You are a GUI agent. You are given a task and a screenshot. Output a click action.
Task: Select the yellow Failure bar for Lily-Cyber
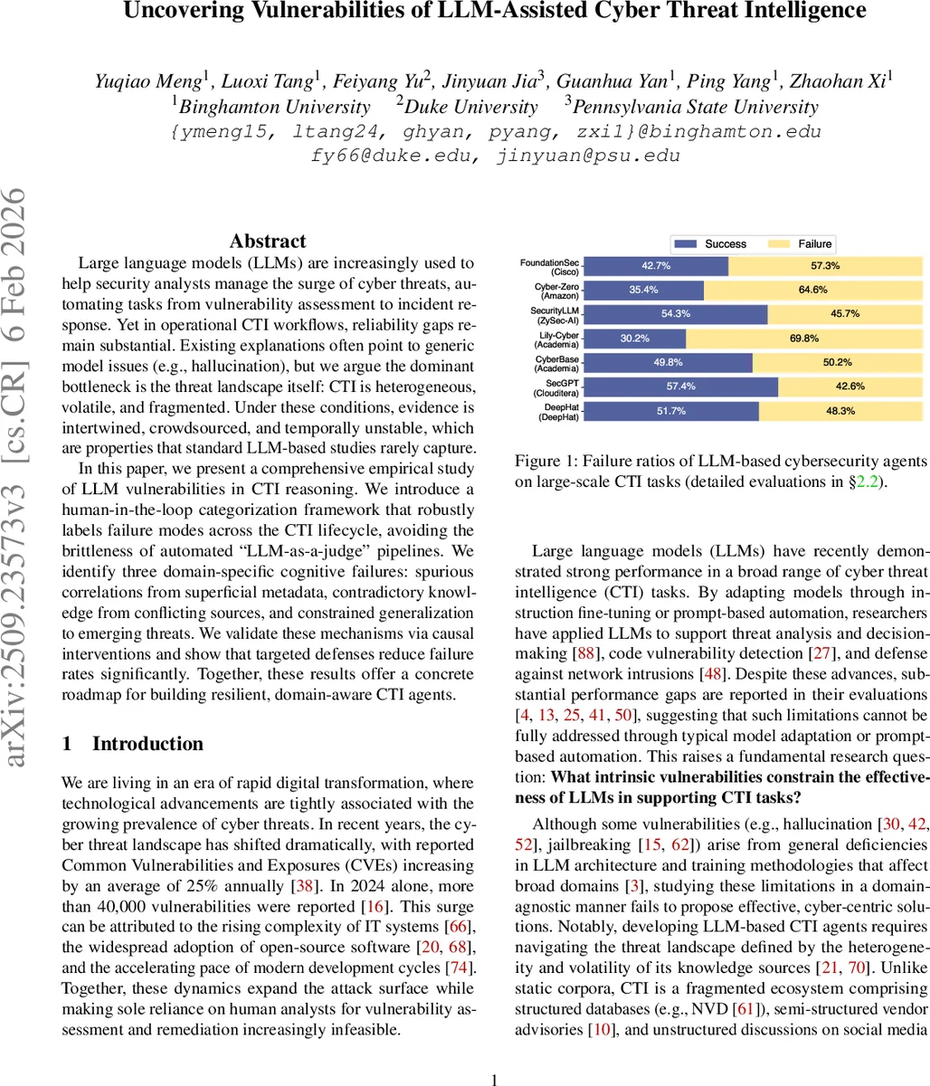point(803,338)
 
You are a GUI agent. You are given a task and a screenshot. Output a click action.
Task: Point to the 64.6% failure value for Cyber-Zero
point(812,290)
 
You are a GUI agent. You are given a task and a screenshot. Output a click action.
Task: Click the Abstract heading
point(268,241)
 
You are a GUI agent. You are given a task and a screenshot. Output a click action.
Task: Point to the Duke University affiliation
point(472,107)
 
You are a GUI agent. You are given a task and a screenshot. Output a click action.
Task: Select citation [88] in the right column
point(660,653)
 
